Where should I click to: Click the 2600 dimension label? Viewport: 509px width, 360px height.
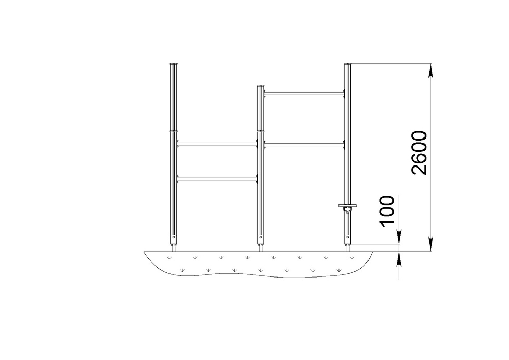(419, 153)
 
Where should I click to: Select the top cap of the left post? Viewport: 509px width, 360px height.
(174, 64)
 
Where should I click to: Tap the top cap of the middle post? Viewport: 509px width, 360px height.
(261, 86)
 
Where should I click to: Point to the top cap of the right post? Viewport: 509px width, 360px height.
(348, 64)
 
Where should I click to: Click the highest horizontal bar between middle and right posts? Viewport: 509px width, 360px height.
(304, 94)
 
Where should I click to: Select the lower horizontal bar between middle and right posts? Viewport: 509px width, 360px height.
(304, 145)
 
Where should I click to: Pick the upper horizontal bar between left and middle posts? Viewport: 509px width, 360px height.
(217, 143)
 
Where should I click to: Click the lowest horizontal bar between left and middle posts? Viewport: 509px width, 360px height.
(217, 179)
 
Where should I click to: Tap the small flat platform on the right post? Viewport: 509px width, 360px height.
(347, 205)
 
